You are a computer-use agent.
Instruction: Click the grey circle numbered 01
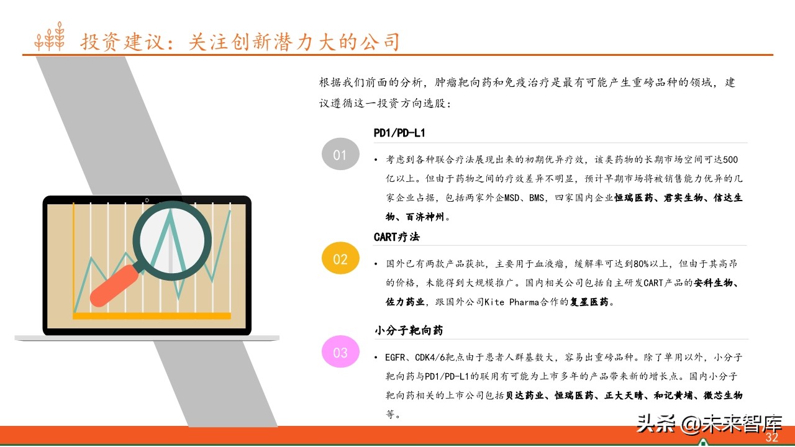pos(340,154)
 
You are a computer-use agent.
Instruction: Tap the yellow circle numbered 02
pos(340,259)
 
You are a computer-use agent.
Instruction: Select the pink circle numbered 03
pos(340,353)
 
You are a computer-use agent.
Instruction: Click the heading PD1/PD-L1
pos(399,133)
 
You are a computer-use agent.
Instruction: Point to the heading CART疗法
pos(397,237)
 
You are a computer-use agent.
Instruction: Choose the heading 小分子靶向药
pos(408,331)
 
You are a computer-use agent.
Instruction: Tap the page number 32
pos(771,438)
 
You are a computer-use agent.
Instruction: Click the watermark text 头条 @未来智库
pos(708,425)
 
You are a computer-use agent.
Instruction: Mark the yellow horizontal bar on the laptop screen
pos(152,315)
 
